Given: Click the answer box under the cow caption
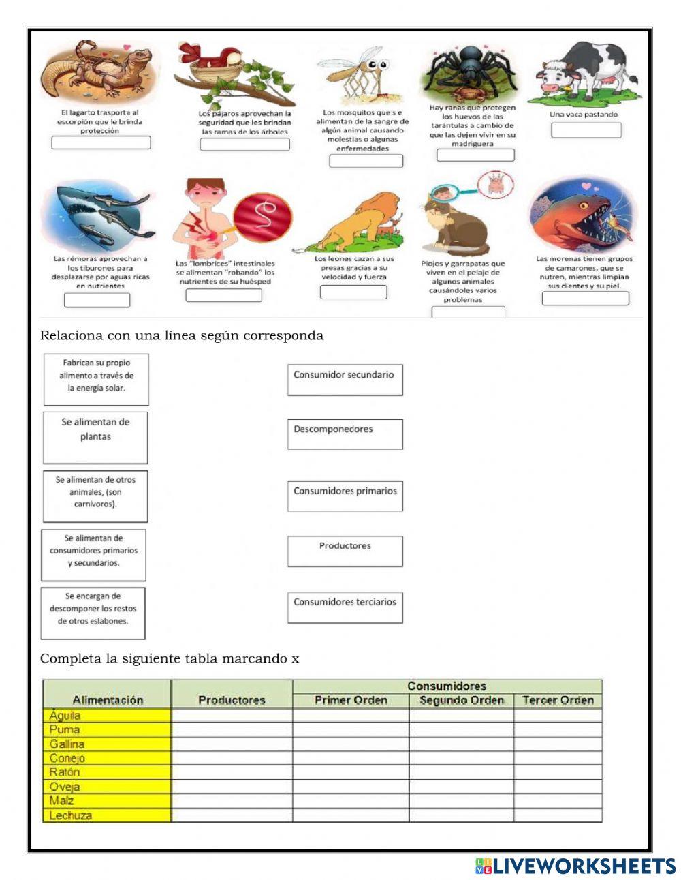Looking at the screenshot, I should point(586,130).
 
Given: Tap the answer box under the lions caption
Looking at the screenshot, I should point(353,292).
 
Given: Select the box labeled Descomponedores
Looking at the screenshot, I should point(345,434).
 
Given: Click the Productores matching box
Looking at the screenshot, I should point(345,551).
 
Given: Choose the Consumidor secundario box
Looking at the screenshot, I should point(345,380).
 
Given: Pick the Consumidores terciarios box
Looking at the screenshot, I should point(345,607).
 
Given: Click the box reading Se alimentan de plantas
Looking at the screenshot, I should point(95,437).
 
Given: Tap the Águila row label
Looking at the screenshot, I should point(65,716).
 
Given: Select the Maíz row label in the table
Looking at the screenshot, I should point(62,800).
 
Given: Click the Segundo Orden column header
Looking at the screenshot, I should point(461,700).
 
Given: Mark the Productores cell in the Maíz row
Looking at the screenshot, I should point(232,800).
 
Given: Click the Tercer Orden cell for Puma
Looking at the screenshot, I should point(558,729).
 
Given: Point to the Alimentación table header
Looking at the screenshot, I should point(108,700).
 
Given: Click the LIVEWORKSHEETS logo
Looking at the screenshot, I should point(575,866).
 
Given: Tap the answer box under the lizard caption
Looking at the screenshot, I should point(101,142).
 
